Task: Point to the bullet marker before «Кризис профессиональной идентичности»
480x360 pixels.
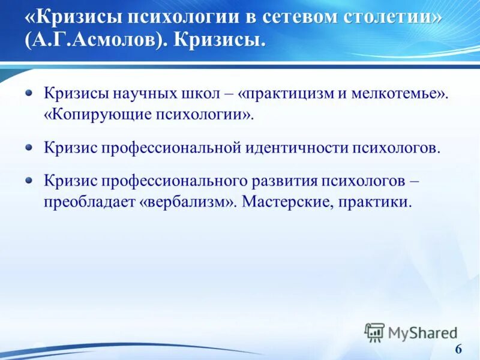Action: click(x=29, y=146)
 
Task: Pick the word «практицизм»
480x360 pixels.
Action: click(x=290, y=95)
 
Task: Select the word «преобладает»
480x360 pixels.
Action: click(x=89, y=202)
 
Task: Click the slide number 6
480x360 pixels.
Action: click(x=458, y=350)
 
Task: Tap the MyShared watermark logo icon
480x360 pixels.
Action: click(x=374, y=332)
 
